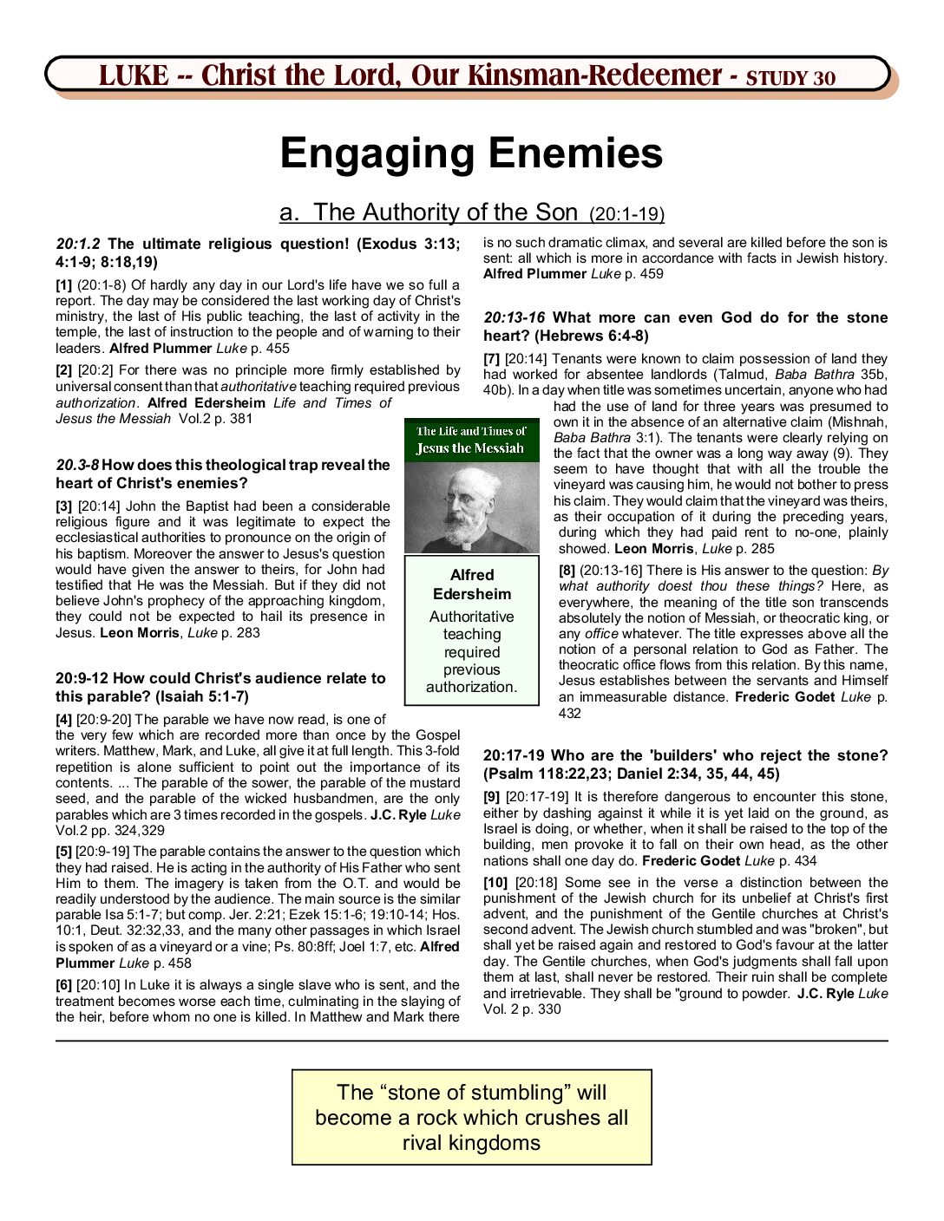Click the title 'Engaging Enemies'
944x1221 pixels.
(x=471, y=153)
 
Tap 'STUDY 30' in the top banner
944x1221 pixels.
(x=790, y=78)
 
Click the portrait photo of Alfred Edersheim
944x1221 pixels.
(x=472, y=508)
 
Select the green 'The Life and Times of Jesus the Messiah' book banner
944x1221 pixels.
(x=472, y=440)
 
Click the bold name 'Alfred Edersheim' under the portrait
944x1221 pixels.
(x=472, y=584)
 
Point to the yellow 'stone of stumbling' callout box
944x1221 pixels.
(x=472, y=1117)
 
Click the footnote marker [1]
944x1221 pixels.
(x=63, y=285)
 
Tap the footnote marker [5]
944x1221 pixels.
(x=63, y=852)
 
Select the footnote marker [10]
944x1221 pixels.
(x=495, y=883)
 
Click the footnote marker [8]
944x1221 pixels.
(x=567, y=571)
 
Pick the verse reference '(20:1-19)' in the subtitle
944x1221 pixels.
(x=626, y=214)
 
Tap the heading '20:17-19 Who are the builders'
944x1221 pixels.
(x=685, y=756)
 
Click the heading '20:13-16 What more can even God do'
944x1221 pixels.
(x=685, y=318)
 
